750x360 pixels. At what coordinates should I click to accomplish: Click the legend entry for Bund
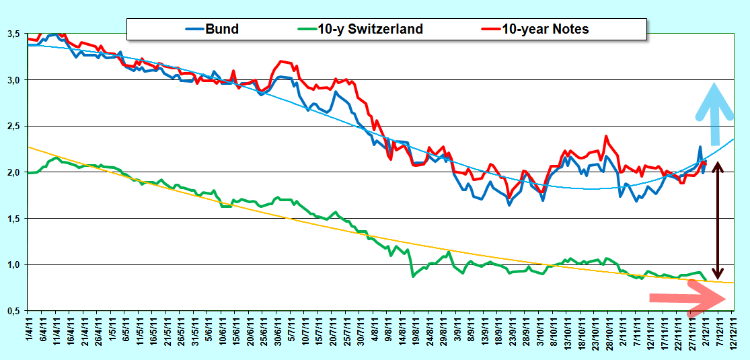tap(212, 29)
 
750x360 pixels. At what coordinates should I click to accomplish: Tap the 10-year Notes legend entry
tap(534, 29)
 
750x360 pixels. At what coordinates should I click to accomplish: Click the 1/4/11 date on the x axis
tap(30, 330)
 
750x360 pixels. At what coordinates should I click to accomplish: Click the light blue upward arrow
tap(715, 114)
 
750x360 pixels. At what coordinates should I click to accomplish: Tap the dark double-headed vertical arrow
tap(716, 220)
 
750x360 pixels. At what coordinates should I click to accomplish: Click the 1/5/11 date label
tap(112, 330)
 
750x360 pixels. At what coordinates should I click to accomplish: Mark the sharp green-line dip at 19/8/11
tap(413, 276)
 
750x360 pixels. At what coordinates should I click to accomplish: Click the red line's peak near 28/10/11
tap(607, 137)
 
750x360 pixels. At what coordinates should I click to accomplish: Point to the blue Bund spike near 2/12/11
tap(700, 147)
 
